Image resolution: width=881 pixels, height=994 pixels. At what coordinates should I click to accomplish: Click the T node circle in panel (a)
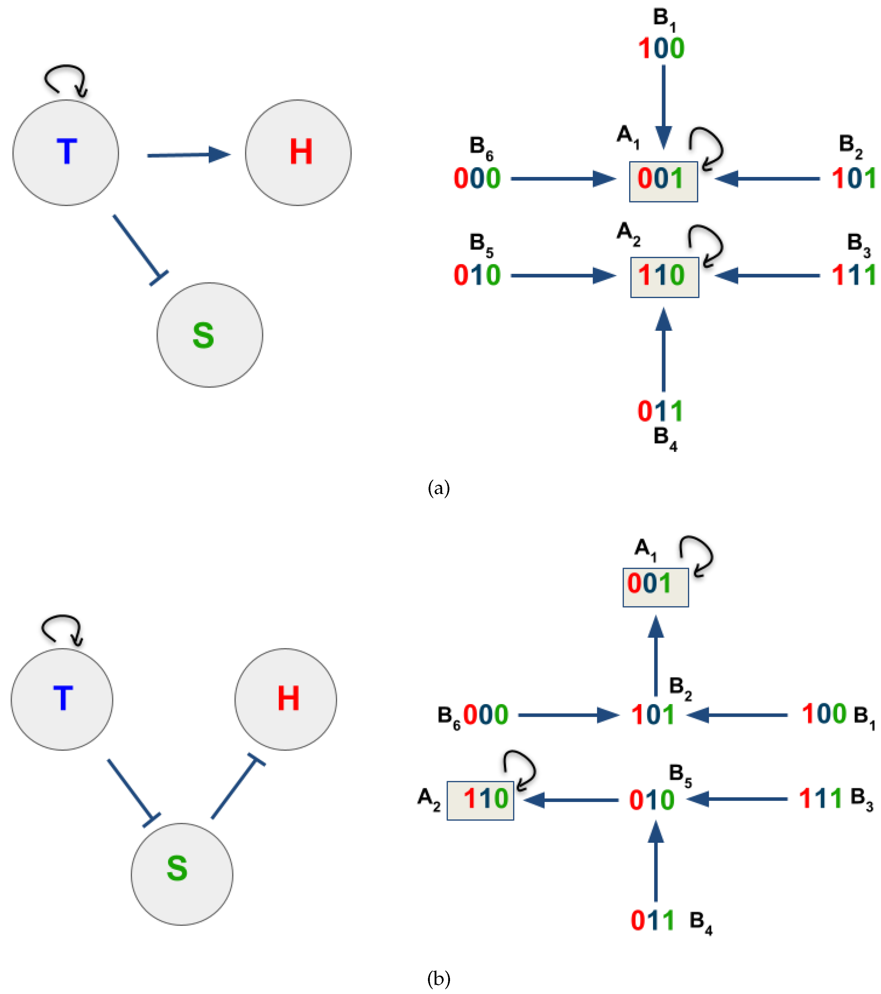click(66, 153)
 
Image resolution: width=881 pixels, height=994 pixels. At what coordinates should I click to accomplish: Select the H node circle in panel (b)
click(285, 699)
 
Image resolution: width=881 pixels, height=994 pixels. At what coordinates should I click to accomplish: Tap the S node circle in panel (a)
click(210, 335)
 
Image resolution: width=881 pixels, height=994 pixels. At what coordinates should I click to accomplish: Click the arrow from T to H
click(189, 155)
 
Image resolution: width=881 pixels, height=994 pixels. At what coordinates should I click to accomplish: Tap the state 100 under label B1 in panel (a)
click(661, 49)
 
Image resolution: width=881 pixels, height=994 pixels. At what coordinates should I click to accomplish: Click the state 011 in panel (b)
click(652, 921)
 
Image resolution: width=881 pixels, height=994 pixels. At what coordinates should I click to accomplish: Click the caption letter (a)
click(438, 488)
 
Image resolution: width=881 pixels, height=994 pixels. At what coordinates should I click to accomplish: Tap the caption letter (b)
click(438, 978)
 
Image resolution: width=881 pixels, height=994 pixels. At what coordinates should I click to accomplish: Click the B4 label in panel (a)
click(665, 439)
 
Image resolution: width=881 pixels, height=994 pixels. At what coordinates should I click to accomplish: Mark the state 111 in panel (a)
click(853, 275)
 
